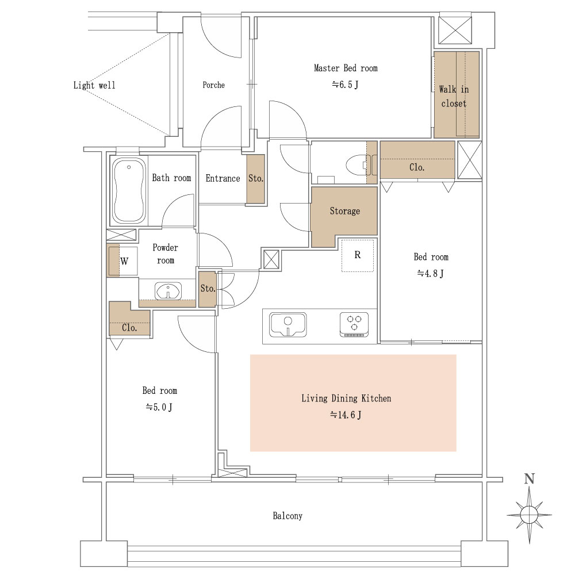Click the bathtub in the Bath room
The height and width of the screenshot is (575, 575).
click(128, 190)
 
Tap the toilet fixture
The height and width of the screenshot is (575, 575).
click(361, 166)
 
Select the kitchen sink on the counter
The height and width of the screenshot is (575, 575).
click(288, 324)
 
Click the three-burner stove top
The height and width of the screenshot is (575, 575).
click(354, 324)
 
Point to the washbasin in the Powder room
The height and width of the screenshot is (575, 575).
click(168, 291)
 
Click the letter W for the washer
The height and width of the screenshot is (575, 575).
click(124, 261)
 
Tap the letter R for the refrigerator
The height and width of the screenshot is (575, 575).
click(358, 255)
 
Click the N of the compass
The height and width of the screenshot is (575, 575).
click(530, 479)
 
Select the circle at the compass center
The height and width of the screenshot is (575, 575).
click(529, 515)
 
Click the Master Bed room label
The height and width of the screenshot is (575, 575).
click(346, 68)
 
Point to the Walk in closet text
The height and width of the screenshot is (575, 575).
click(454, 97)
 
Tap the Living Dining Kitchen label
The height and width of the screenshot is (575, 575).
click(346, 398)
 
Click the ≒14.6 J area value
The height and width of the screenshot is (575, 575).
click(346, 415)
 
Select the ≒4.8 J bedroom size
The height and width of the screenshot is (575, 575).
click(431, 273)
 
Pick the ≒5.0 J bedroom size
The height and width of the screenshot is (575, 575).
click(159, 407)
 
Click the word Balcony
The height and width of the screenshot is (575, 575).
click(287, 516)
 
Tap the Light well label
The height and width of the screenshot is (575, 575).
click(94, 86)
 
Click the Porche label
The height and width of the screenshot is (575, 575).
click(213, 85)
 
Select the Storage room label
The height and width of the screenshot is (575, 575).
click(344, 211)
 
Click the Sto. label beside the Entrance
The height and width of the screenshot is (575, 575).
click(256, 179)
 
